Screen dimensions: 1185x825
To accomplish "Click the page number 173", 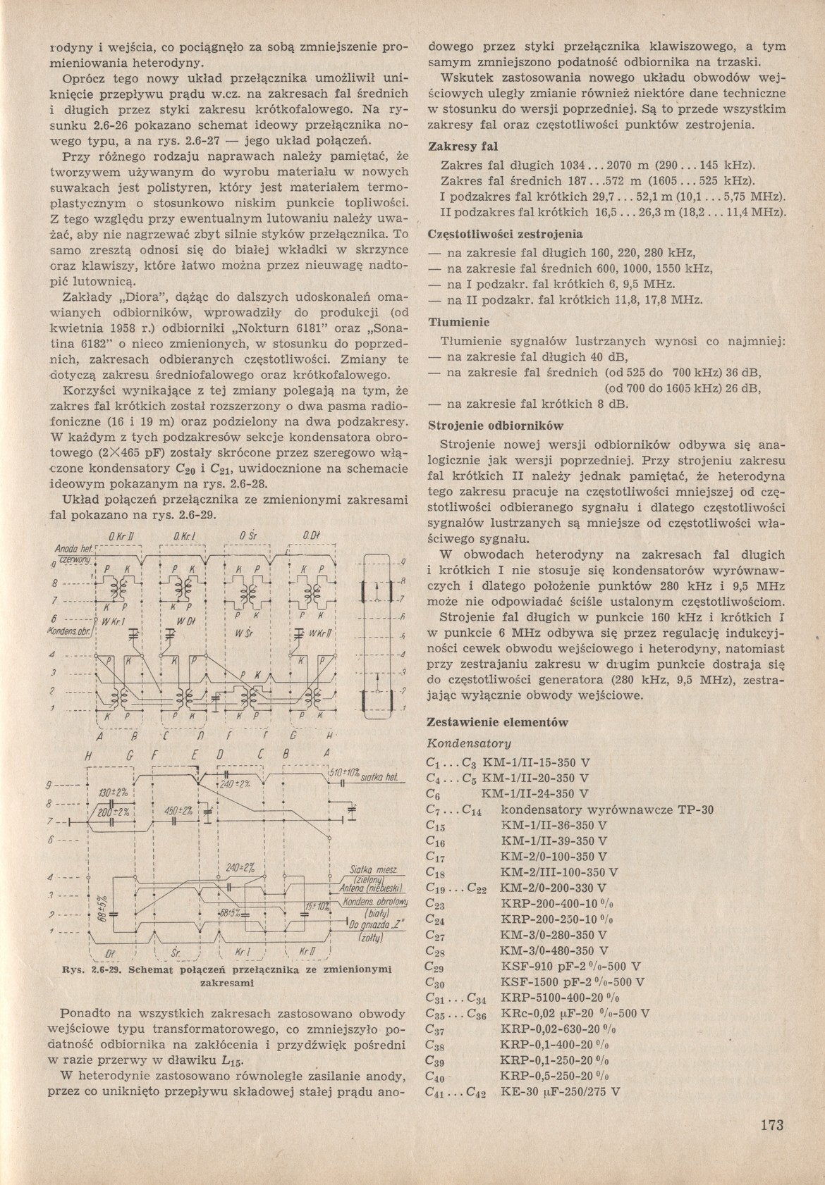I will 772,1124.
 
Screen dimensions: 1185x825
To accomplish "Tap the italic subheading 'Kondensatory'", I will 469,743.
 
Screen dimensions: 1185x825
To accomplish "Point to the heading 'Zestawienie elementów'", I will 498,722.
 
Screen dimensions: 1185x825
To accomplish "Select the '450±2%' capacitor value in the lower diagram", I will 180,810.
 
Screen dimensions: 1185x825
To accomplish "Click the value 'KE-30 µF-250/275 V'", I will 560,1091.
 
